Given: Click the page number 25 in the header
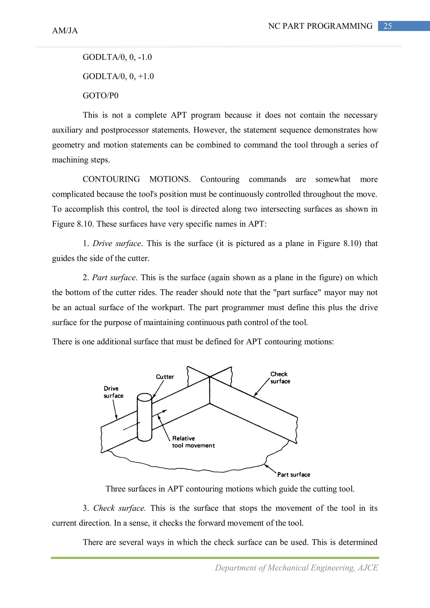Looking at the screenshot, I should pos(387,26).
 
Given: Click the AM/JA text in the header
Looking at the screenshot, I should pos(65,31).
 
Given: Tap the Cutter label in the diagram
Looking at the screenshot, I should pos(165,377).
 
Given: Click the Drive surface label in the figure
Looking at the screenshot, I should pos(113,392).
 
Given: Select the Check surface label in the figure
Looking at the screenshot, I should pos(280,378).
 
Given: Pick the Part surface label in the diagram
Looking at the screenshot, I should pos(294,475).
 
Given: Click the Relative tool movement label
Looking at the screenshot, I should pos(193,442).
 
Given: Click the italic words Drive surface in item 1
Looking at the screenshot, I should pos(117,244).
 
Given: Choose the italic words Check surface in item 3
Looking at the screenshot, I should pos(119,508).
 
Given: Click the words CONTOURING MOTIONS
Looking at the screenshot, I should pos(136,179).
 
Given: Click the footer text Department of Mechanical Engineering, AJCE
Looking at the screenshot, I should pos(296,568).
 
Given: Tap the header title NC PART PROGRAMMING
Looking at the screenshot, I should pos(320,26).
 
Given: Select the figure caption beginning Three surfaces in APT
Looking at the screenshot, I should pos(230,489).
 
